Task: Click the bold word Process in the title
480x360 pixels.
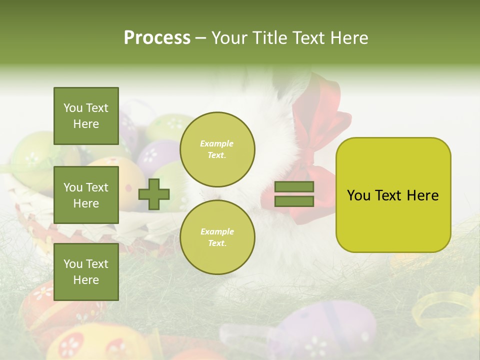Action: [157, 38]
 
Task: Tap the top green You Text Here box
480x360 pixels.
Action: [86, 116]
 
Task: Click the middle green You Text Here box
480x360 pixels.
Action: [86, 195]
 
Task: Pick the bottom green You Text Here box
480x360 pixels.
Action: [86, 271]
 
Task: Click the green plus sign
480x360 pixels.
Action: [154, 194]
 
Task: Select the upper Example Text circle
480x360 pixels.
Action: [217, 149]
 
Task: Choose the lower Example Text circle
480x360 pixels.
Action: [217, 237]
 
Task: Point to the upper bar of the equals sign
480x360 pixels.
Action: [294, 186]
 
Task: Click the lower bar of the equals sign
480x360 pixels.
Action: [294, 201]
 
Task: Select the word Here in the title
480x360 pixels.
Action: [348, 38]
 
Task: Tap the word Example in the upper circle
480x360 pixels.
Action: [217, 143]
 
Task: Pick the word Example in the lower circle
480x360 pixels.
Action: [217, 231]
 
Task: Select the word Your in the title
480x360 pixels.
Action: [229, 38]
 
